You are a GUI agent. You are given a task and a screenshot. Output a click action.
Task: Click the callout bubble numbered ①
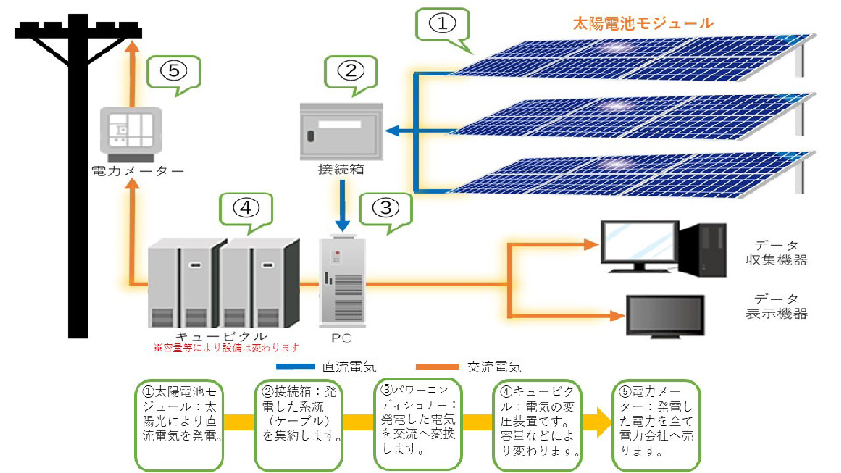(x=442, y=25)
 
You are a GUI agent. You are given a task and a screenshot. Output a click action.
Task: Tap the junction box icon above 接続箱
(x=340, y=129)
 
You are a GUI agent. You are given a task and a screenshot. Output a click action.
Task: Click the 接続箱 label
(x=340, y=168)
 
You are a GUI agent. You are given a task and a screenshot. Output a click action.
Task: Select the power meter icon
(x=131, y=134)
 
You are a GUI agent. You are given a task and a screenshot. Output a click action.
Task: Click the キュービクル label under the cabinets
(x=209, y=335)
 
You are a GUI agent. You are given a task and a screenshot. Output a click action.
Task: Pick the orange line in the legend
(x=441, y=367)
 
